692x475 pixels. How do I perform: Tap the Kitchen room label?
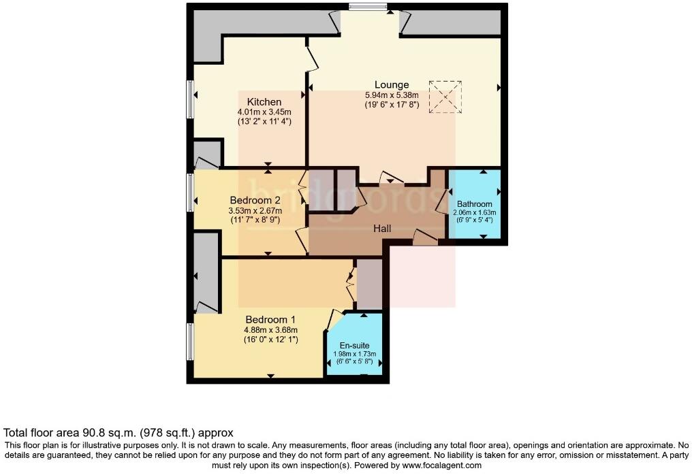(264, 102)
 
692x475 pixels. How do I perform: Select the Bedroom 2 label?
(255, 200)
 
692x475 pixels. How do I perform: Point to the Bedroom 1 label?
(270, 320)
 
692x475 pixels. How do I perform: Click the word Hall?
(382, 229)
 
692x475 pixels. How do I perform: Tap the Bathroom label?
(474, 203)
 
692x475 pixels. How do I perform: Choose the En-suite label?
(354, 346)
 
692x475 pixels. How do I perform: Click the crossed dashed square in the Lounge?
(445, 97)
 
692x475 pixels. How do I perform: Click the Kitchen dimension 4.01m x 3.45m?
(264, 112)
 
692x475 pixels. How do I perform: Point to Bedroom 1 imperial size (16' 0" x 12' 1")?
(270, 339)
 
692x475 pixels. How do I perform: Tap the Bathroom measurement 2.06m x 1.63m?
(474, 212)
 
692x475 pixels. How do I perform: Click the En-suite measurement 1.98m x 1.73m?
(354, 354)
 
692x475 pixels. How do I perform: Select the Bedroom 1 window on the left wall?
(191, 342)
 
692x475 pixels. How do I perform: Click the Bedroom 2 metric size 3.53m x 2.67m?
(255, 211)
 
